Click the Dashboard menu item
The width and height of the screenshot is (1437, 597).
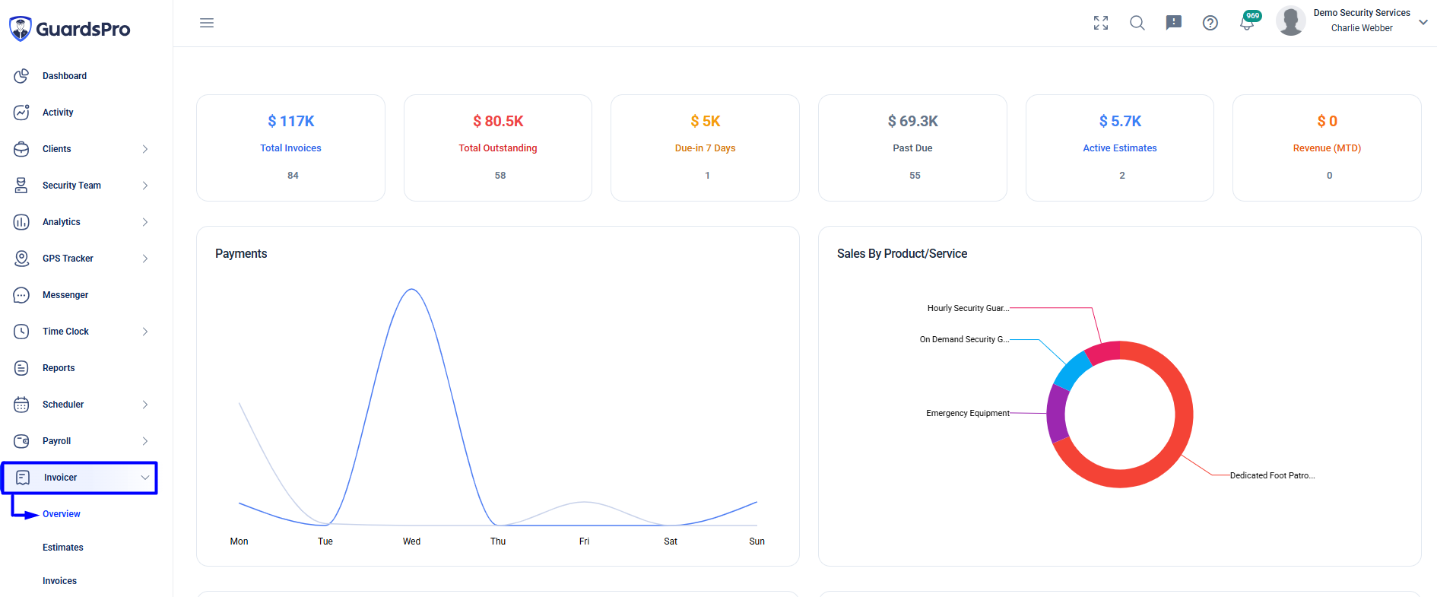pos(65,76)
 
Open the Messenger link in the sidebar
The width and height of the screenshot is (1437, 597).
pos(65,295)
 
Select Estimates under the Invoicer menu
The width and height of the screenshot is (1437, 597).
pos(63,548)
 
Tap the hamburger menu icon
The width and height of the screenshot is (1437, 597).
pos(207,23)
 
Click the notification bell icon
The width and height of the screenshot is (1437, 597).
pos(1247,24)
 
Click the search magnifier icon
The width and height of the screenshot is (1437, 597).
pos(1137,23)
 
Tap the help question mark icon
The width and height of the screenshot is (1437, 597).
pos(1210,23)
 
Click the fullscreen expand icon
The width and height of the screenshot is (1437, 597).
pos(1101,23)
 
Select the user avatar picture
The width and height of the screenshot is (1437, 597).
pos(1291,21)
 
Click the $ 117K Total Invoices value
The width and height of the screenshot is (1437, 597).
pos(291,121)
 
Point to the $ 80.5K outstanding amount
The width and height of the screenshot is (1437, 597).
pos(498,121)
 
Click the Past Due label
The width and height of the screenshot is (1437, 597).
pos(912,148)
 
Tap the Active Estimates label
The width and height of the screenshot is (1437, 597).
pos(1120,148)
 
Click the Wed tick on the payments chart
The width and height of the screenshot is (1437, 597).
pos(411,541)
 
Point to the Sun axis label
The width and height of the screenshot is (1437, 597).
pos(757,541)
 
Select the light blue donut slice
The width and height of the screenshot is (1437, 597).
pos(1071,370)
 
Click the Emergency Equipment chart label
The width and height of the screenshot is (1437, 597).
pos(968,414)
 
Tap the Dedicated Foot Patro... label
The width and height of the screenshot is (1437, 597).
pos(1272,476)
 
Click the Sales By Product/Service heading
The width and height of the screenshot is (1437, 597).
pos(902,254)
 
